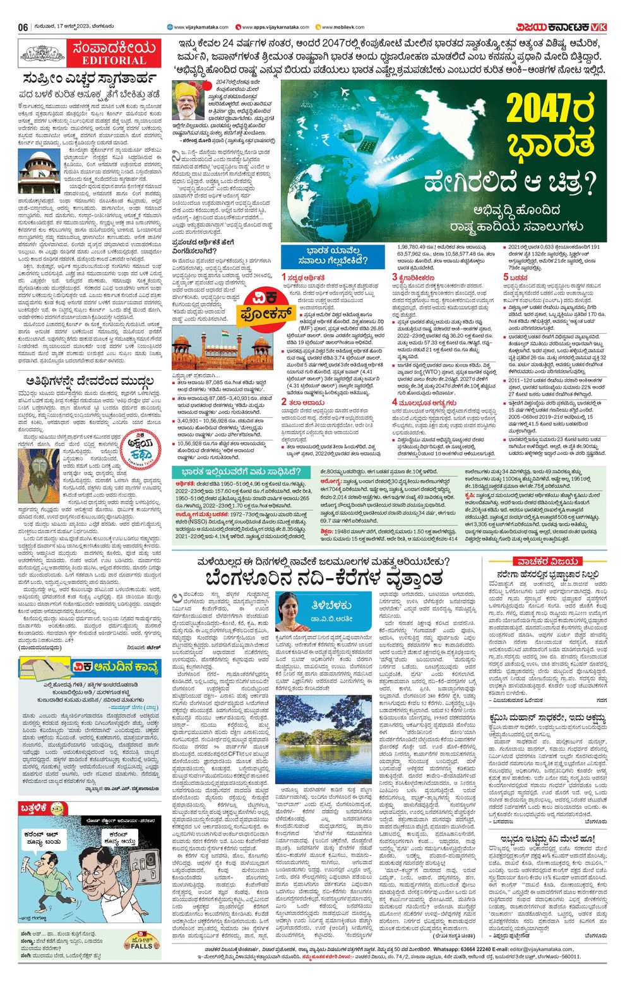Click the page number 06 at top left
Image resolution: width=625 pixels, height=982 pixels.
click(23, 27)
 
